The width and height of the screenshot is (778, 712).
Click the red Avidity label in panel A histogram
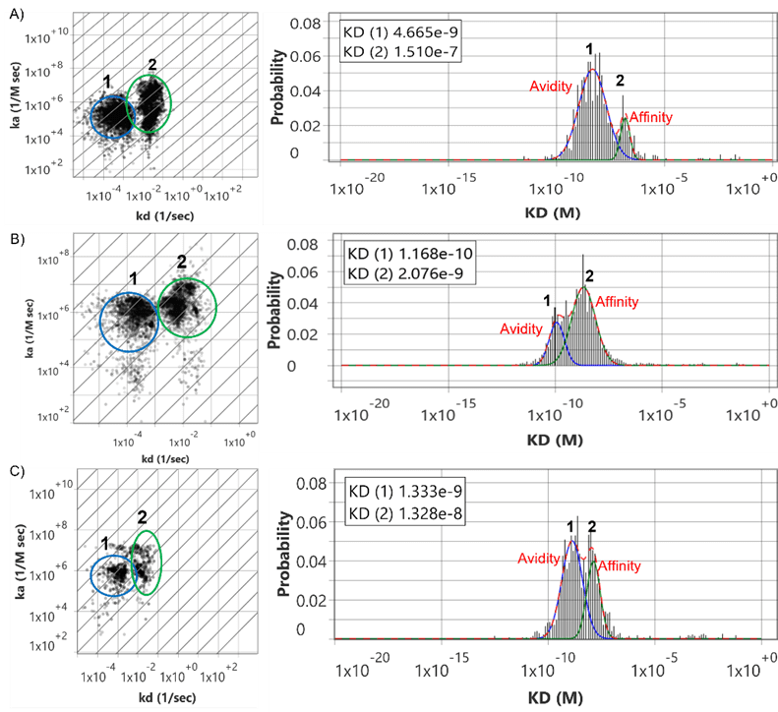click(x=550, y=87)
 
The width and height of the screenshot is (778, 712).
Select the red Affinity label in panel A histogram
click(x=651, y=117)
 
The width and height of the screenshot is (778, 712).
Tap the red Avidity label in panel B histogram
click(x=521, y=328)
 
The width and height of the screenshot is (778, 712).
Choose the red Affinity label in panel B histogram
click(x=618, y=301)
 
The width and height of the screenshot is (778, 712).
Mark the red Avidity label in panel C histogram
click(x=539, y=559)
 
